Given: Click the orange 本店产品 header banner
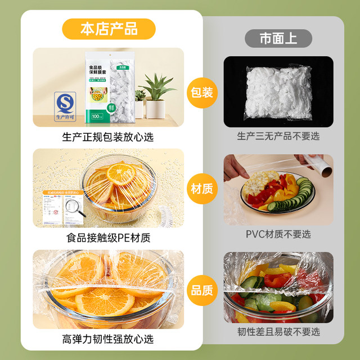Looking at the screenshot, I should coord(108,28).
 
